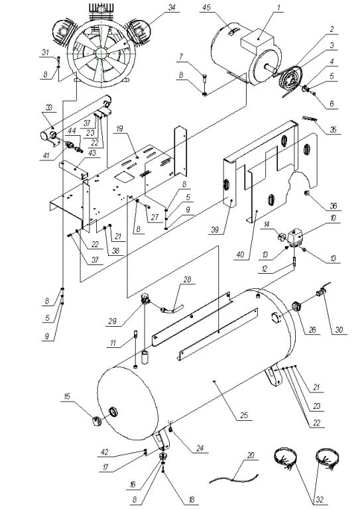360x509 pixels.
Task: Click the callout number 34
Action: coord(172,7)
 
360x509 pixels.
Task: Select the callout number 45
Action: coord(206,7)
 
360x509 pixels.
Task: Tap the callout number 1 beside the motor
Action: coord(278,7)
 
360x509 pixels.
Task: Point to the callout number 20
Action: coord(251,455)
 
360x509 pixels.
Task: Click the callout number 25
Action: coord(244,415)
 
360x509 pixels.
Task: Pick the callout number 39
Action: coord(215,230)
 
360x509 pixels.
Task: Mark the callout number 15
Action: coord(67,396)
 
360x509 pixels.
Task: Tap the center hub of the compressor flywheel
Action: coord(101,53)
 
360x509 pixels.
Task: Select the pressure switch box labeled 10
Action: coord(296,236)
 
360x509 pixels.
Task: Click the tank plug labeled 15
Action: coord(97,421)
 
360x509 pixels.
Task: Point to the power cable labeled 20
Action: coord(234,479)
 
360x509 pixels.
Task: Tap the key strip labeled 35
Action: coord(310,119)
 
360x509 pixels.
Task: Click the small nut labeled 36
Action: coord(307,194)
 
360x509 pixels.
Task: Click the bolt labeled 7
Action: coord(204,77)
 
